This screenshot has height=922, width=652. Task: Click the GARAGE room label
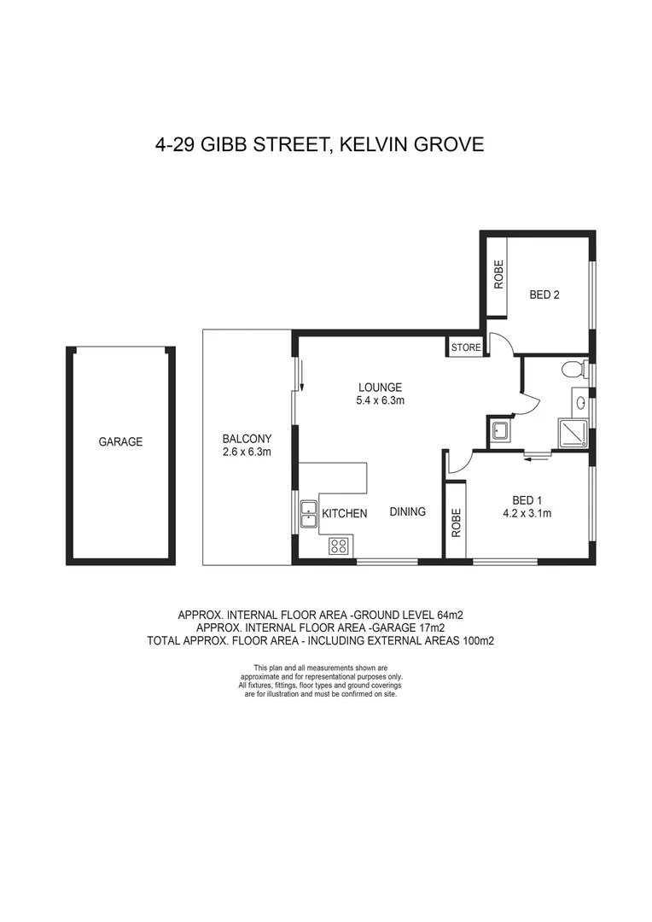coord(120,442)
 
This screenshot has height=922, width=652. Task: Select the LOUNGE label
coord(380,387)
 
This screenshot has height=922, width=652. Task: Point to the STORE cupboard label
coord(467,347)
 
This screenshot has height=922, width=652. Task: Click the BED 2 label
coord(544,295)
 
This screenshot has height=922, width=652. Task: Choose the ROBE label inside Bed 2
coord(498,274)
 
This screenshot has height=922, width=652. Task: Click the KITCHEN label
coord(345,514)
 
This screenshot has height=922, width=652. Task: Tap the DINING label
coord(408,512)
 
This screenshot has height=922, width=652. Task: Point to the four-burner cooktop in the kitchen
coord(338,544)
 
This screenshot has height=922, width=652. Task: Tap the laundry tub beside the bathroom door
coord(499,431)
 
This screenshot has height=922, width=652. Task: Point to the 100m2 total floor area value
coord(480,639)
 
